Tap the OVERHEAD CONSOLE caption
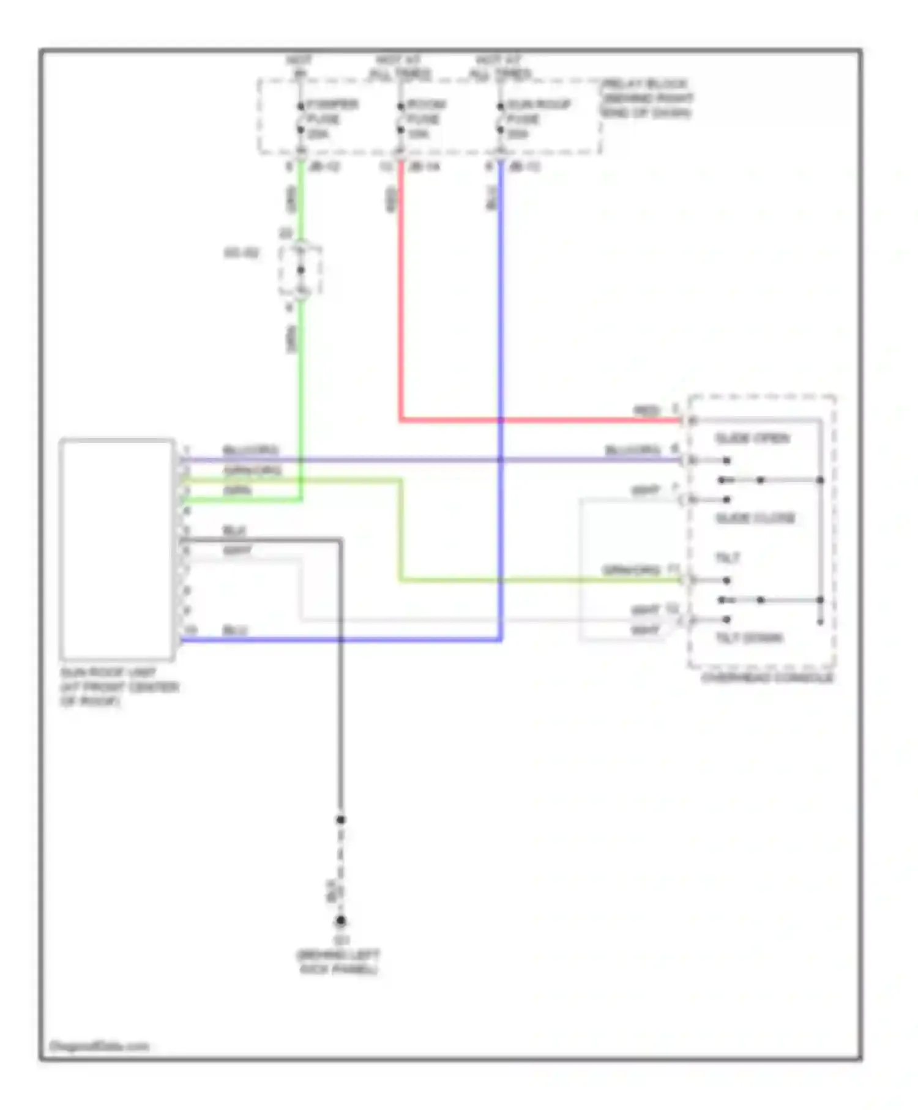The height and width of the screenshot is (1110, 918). (x=767, y=678)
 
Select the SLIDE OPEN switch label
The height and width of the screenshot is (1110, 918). (x=752, y=438)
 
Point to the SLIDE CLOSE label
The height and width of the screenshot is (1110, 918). (x=755, y=518)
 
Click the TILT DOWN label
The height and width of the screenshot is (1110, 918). (x=750, y=638)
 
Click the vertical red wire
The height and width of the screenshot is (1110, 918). (x=401, y=294)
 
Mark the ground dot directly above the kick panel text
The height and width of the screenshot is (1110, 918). (x=340, y=920)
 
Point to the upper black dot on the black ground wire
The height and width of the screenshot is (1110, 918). (x=340, y=819)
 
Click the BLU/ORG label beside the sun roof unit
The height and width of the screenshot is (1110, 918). (x=251, y=450)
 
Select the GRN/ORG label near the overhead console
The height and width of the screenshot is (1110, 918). (x=631, y=570)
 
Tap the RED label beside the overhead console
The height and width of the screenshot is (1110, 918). (x=647, y=411)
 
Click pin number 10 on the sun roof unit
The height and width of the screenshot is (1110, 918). (x=190, y=630)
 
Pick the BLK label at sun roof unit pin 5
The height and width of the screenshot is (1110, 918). (x=234, y=531)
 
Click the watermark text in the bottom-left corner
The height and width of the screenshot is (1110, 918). (x=99, y=1046)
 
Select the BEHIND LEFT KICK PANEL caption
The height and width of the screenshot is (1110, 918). (x=338, y=962)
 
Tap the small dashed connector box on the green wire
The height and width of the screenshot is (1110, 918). (x=300, y=270)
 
